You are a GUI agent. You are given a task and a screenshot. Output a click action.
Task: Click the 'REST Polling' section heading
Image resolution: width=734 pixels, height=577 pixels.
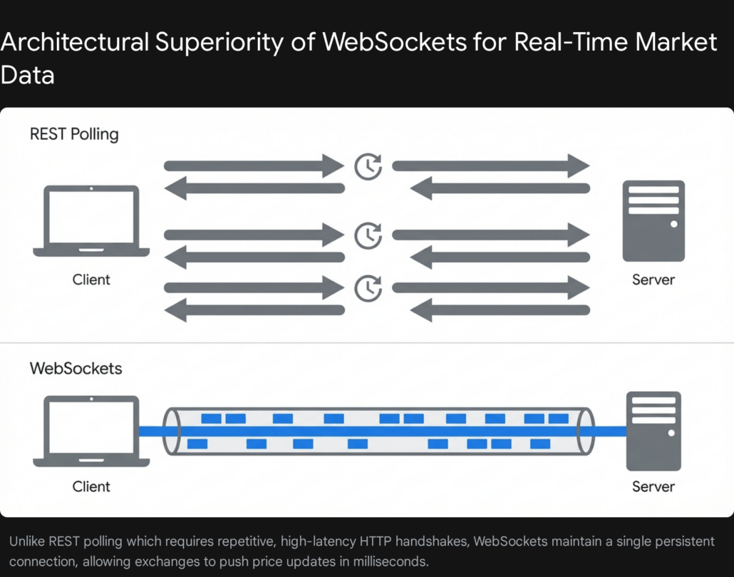74,133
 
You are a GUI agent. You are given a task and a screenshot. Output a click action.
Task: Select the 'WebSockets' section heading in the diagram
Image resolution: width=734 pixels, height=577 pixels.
76,369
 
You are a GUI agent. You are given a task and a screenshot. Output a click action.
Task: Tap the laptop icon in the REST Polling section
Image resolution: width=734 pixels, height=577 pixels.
91,221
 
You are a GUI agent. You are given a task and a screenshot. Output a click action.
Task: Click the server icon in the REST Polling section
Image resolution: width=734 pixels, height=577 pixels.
653,221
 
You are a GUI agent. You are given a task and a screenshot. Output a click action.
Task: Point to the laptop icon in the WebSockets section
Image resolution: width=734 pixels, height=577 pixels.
91,432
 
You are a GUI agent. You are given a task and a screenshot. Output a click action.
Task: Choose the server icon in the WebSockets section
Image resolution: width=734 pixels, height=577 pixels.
653,431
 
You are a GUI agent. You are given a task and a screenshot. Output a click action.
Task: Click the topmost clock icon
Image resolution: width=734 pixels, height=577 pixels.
368,168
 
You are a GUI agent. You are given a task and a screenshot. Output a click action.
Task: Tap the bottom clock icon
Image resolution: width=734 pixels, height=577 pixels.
368,287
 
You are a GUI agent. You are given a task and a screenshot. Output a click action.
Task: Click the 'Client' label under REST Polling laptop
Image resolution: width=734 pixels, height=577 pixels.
91,280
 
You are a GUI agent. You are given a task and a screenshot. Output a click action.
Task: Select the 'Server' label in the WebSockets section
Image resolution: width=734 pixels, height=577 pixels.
653,487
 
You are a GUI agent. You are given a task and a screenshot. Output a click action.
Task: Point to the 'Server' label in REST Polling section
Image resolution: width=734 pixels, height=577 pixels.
653,280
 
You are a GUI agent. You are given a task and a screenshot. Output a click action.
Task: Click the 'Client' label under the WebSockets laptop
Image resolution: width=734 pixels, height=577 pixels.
91,487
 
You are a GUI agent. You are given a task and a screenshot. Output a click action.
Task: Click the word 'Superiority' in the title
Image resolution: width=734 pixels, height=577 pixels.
219,43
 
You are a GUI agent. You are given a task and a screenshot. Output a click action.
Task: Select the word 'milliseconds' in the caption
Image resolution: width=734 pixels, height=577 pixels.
391,561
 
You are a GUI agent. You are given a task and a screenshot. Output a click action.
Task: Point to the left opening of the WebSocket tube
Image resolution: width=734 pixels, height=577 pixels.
172,431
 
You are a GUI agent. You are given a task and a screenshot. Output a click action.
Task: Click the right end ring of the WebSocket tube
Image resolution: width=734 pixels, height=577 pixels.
586,431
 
